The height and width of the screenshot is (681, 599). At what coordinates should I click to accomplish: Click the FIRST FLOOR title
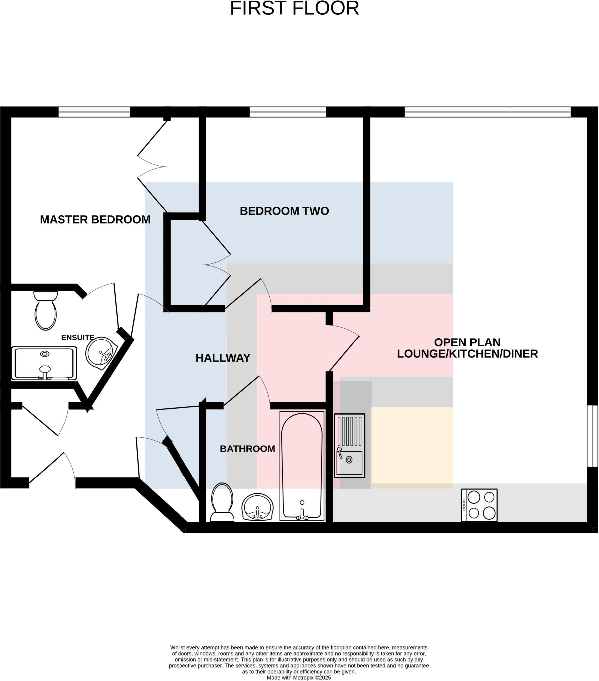(295, 8)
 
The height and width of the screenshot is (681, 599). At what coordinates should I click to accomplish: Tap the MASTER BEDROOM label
(95, 220)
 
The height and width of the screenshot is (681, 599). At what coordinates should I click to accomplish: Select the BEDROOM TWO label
(284, 211)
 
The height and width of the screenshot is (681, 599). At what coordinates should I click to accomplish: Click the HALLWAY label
(223, 358)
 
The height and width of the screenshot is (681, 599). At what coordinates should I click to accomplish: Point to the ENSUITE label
(78, 338)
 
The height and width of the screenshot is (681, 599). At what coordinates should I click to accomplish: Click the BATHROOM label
(247, 449)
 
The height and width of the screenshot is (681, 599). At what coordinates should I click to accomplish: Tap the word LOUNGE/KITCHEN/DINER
(467, 354)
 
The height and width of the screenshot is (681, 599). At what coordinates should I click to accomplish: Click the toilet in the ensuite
(45, 311)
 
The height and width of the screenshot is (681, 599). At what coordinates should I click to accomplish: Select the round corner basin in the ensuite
(101, 353)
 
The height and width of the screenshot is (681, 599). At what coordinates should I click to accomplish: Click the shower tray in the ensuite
(44, 363)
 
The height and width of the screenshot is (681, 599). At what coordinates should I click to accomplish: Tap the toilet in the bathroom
(222, 502)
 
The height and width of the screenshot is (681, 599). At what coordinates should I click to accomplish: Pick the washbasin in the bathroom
(257, 507)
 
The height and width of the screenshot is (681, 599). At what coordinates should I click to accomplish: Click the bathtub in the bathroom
(302, 466)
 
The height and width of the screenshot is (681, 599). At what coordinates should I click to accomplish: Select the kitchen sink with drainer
(349, 446)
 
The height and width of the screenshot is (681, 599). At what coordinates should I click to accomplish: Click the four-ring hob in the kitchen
(479, 505)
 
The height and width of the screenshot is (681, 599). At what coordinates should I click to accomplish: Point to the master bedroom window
(94, 112)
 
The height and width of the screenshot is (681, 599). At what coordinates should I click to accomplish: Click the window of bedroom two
(288, 112)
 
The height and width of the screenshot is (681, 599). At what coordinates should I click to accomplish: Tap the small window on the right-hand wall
(592, 436)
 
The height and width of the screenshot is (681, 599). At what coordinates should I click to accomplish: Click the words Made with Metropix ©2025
(299, 678)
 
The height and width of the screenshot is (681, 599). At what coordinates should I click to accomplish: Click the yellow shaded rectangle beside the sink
(412, 446)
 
